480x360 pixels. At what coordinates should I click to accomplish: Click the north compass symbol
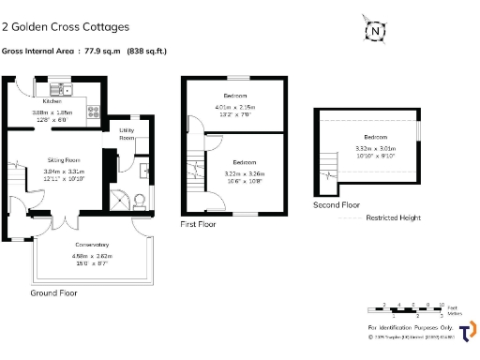pyautogui.click(x=375, y=32)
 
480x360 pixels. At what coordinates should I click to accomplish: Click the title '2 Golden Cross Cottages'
pyautogui.click(x=66, y=27)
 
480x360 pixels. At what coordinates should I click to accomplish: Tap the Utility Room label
pyautogui.click(x=126, y=134)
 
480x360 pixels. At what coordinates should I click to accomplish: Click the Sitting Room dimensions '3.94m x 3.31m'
pyautogui.click(x=64, y=172)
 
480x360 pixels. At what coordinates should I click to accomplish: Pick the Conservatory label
pyautogui.click(x=91, y=245)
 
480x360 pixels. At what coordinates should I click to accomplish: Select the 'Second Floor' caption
pyautogui.click(x=337, y=203)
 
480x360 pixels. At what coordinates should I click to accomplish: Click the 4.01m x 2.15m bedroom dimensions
pyautogui.click(x=235, y=107)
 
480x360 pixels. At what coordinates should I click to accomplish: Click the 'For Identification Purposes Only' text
pyautogui.click(x=409, y=326)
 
